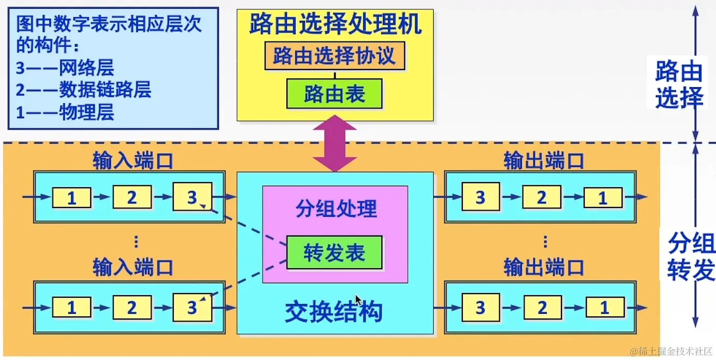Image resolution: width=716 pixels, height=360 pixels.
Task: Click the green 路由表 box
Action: pyautogui.click(x=334, y=94)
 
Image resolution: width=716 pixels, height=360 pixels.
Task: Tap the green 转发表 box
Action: pyautogui.click(x=334, y=253)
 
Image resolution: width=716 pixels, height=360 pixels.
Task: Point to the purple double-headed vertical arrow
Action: pyautogui.click(x=335, y=143)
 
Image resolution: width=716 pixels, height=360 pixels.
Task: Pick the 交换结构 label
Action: pyautogui.click(x=334, y=312)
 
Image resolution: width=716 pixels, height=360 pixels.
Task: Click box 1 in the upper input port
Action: pyautogui.click(x=72, y=198)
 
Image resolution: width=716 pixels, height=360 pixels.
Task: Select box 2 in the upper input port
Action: pyautogui.click(x=132, y=197)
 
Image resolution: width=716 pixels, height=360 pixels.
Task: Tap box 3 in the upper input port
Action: pyautogui.click(x=192, y=197)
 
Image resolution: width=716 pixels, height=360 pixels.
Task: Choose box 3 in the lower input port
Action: pyautogui.click(x=192, y=308)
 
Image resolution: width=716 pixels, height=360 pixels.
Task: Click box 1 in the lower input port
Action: pyautogui.click(x=72, y=308)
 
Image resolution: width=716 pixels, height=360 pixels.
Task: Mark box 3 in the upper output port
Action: pyautogui.click(x=480, y=197)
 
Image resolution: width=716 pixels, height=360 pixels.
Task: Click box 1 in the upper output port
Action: pyautogui.click(x=603, y=198)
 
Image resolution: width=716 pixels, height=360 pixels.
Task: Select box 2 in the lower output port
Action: pyautogui.click(x=542, y=308)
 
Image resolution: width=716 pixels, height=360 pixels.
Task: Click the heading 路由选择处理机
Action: pyautogui.click(x=335, y=24)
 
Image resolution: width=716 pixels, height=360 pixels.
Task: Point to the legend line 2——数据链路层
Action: pyautogui.click(x=84, y=90)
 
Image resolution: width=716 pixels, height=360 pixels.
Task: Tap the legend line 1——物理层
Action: pyautogui.click(x=65, y=112)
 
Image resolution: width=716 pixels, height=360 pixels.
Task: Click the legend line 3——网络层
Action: pyautogui.click(x=65, y=68)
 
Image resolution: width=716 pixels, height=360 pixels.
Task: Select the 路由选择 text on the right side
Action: pyautogui.click(x=679, y=84)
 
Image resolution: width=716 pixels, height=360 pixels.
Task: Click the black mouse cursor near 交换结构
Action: pyautogui.click(x=358, y=300)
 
